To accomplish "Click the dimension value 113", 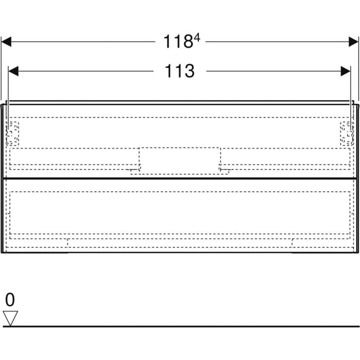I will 179,71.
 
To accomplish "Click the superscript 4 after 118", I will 196,37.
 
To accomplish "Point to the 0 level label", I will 10,299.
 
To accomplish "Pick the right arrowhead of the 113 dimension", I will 346,71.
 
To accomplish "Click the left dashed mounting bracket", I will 12,133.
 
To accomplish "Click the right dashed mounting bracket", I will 347,133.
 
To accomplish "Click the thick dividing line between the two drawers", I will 179,178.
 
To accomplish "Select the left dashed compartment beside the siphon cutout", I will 75,157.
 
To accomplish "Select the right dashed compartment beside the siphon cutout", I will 285,157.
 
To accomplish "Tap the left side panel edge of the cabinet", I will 3,177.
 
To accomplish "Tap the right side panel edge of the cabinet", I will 356,177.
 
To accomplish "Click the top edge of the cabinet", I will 179,102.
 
